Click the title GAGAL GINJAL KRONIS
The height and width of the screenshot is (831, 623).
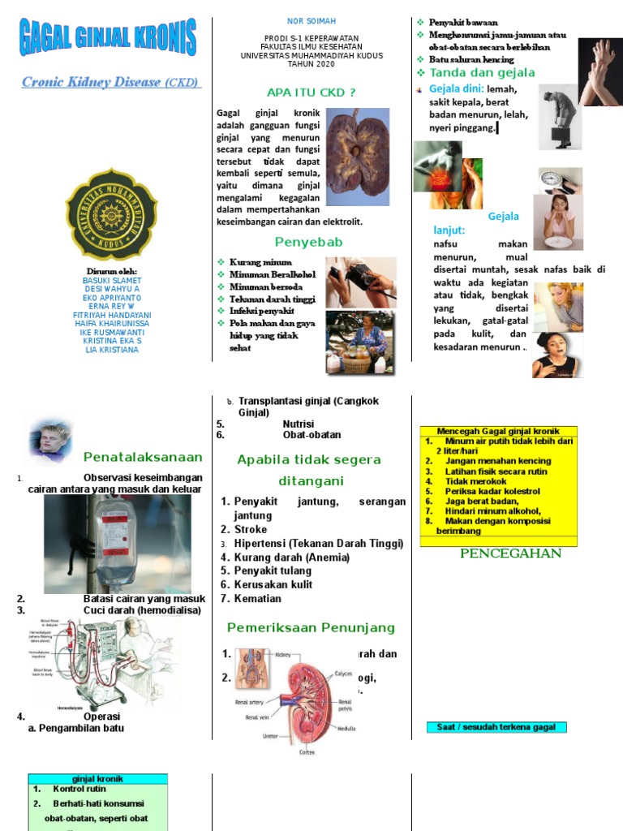[108, 38]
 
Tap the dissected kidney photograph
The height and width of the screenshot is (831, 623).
[357, 157]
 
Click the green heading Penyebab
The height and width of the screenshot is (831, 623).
[308, 242]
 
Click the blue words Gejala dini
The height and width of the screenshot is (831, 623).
[456, 88]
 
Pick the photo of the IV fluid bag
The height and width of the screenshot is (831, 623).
[118, 544]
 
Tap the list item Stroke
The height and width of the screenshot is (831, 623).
[251, 529]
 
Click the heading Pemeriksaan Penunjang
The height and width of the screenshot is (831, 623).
[311, 627]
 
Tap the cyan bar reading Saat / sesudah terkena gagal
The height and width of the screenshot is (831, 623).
[496, 727]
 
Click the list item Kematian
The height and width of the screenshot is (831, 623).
[258, 598]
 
